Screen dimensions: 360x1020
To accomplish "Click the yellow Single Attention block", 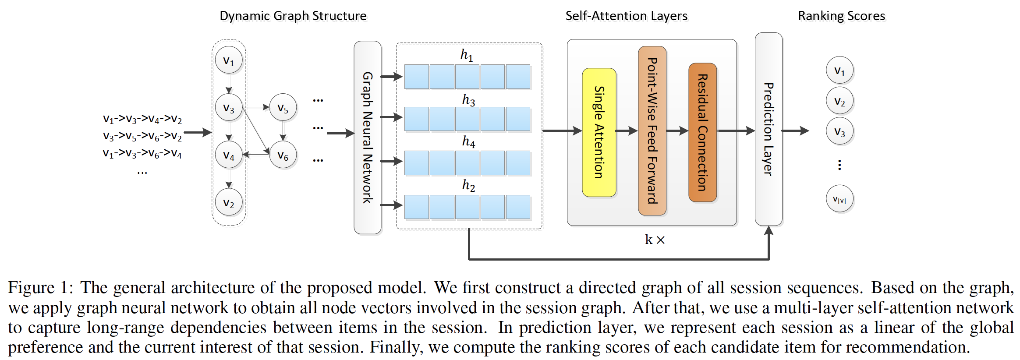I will (x=599, y=132).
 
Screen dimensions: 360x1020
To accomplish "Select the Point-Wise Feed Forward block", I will (x=652, y=131).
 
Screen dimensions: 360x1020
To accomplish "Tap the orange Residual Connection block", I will (x=702, y=132).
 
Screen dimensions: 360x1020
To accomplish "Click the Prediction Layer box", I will (x=768, y=129).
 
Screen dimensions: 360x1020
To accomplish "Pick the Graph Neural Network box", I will (x=367, y=138).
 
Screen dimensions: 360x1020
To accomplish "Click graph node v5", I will (x=283, y=108).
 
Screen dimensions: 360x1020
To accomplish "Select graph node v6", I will (x=283, y=155).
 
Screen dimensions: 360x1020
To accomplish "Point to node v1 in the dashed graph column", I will (x=229, y=60).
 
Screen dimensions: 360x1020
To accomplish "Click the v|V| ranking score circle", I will (x=839, y=199).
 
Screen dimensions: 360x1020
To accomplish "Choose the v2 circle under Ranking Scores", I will (x=839, y=101).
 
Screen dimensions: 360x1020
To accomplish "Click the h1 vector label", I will (x=467, y=55).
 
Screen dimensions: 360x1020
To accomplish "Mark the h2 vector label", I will (x=468, y=185).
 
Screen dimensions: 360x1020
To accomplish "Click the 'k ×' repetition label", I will (x=655, y=240).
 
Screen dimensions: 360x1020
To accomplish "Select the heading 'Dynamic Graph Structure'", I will (x=293, y=16).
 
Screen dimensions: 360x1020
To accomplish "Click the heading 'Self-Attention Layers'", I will (x=626, y=16).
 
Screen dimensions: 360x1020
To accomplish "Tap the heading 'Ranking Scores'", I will (x=841, y=16).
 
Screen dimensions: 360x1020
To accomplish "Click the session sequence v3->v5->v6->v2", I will (x=142, y=136).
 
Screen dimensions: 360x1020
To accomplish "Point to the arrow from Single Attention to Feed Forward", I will (x=627, y=131).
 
